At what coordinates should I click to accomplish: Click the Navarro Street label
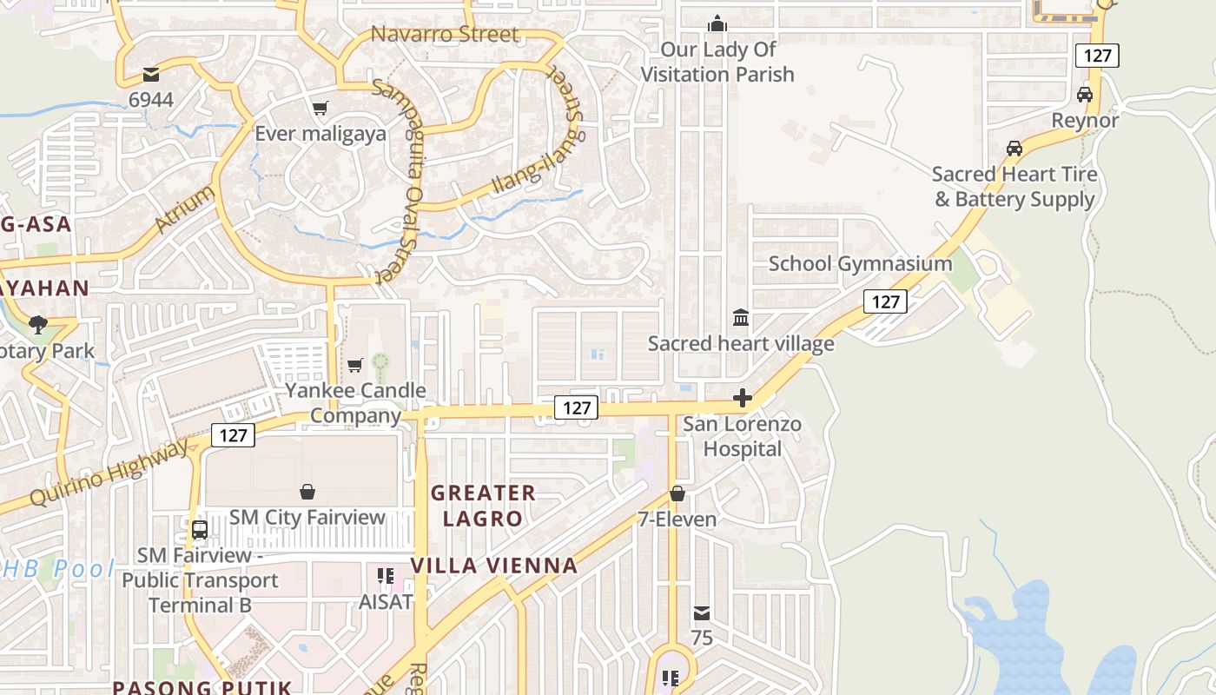(x=445, y=35)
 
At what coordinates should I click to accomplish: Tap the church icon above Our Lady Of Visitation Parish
(x=717, y=23)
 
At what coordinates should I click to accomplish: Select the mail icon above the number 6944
(x=151, y=75)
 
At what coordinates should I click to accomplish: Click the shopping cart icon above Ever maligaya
(x=321, y=109)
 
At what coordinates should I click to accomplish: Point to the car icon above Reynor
(x=1085, y=95)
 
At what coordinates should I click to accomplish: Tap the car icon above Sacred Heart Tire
(x=1014, y=149)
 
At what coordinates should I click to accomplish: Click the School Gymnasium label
(x=860, y=263)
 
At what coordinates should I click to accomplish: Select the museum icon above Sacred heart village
(x=741, y=317)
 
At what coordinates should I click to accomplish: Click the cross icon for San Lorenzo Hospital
(x=743, y=398)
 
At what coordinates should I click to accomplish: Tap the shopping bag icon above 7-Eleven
(x=677, y=493)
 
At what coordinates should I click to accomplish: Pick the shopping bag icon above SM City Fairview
(x=307, y=492)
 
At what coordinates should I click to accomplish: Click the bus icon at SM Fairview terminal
(x=200, y=529)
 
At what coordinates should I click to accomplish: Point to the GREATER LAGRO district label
(x=483, y=506)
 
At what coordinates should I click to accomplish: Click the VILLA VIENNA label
(x=493, y=566)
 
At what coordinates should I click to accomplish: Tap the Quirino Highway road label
(x=109, y=473)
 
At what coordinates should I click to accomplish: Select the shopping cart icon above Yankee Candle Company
(x=354, y=365)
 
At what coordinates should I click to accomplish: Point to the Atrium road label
(x=185, y=208)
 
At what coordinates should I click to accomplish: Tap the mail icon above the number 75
(x=702, y=613)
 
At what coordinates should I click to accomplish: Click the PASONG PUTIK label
(x=202, y=687)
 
